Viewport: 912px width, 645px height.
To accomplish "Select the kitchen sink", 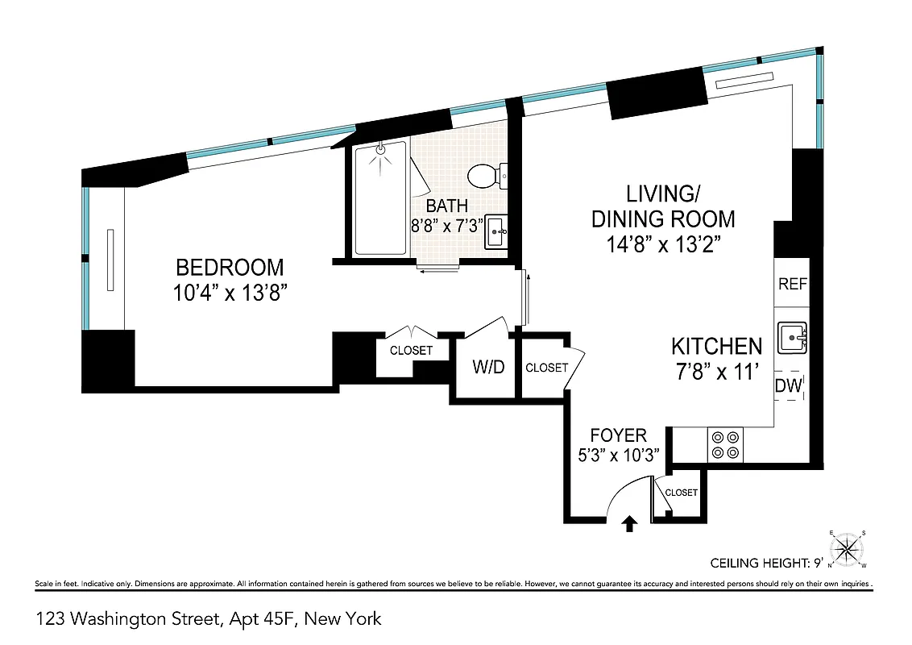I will [x=792, y=337].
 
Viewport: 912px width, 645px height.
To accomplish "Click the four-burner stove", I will [x=726, y=446].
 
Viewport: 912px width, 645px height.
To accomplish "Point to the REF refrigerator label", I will [x=792, y=285].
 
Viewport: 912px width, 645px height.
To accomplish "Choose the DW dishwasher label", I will [x=789, y=386].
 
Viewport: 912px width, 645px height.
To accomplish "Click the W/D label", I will [x=487, y=368].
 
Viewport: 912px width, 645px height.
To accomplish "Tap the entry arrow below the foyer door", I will [x=630, y=525].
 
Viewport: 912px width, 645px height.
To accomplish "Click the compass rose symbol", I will [x=846, y=549].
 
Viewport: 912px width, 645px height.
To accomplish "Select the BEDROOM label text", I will [x=230, y=267].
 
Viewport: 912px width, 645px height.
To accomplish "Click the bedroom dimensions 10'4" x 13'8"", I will [x=230, y=293].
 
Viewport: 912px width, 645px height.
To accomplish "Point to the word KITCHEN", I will [x=716, y=347].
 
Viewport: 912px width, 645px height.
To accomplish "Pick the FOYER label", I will [x=618, y=436].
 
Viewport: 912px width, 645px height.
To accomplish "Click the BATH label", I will [x=447, y=206].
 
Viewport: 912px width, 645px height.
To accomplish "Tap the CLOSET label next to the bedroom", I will [x=411, y=351].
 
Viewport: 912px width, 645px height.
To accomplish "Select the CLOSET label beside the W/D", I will [x=546, y=368].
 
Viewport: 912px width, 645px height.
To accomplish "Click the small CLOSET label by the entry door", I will [x=682, y=493].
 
